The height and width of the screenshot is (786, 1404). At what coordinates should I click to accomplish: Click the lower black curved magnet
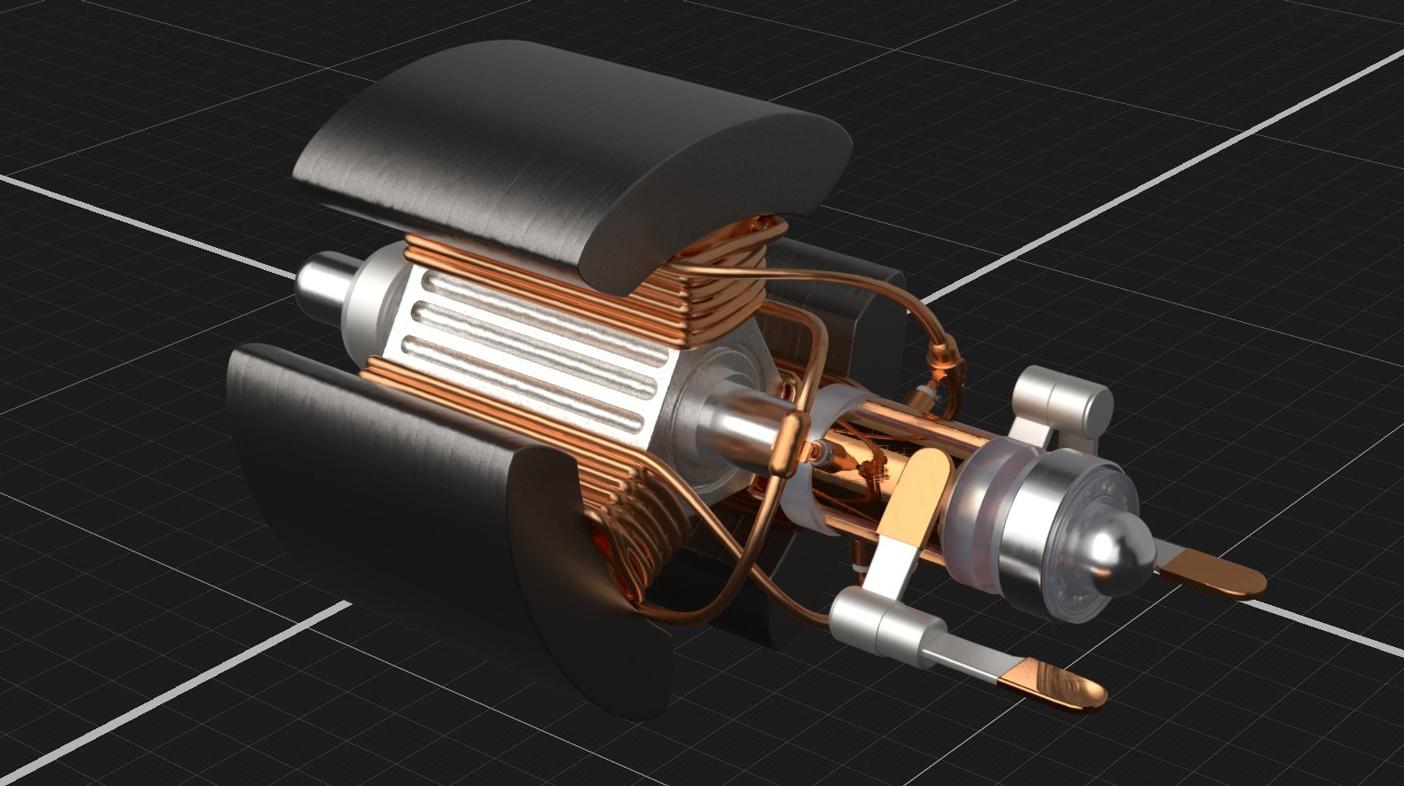click(x=409, y=512)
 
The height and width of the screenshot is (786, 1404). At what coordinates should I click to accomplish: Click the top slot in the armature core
click(x=526, y=307)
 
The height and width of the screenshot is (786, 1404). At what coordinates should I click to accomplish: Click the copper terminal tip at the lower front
click(x=1053, y=685)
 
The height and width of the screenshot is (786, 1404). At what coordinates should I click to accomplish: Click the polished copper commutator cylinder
click(x=877, y=454)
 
